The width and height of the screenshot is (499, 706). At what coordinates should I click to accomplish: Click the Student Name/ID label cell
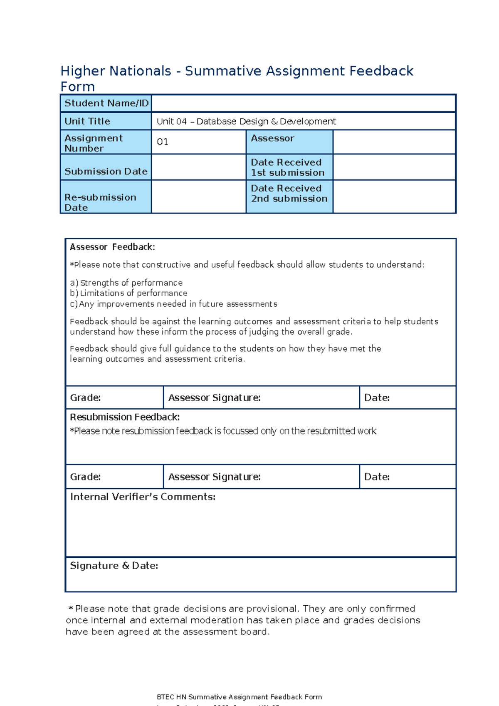[106, 103]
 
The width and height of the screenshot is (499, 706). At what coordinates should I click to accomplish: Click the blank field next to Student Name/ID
[304, 103]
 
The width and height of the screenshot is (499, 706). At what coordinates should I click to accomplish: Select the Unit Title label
[87, 121]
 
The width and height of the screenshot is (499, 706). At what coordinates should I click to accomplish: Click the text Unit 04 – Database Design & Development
[246, 122]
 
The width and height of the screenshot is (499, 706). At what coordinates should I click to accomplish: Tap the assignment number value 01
[163, 142]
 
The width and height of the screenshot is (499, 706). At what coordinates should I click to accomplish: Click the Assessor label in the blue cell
[272, 138]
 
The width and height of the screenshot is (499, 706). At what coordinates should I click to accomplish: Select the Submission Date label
[106, 171]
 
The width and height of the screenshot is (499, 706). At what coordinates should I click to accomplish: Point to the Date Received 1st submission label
[287, 167]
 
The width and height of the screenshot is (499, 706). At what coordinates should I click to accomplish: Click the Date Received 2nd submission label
[289, 194]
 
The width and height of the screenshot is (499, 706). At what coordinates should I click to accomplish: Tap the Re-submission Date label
[100, 202]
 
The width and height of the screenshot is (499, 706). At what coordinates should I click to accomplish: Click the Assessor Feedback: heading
[112, 247]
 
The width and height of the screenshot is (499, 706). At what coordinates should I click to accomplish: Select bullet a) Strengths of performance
[126, 283]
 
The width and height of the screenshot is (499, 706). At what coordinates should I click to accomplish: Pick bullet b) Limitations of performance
[128, 293]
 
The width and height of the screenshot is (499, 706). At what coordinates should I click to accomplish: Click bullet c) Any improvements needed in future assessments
[173, 304]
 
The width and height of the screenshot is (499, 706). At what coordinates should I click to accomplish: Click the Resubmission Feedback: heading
[125, 417]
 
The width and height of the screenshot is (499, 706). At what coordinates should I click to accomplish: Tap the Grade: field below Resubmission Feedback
[114, 477]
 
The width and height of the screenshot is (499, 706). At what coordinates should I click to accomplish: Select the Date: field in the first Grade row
[408, 398]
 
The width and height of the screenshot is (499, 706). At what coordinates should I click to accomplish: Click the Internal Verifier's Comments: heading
[143, 497]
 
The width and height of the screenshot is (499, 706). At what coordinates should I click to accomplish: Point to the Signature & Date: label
[114, 566]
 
